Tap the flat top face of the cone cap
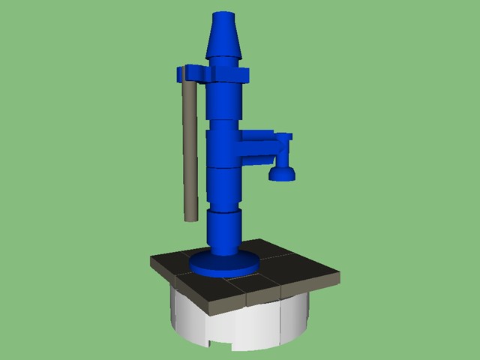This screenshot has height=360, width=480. tap(226, 14)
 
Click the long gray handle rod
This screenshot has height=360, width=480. tap(190, 150)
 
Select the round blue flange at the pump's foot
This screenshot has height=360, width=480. tap(225, 264)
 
